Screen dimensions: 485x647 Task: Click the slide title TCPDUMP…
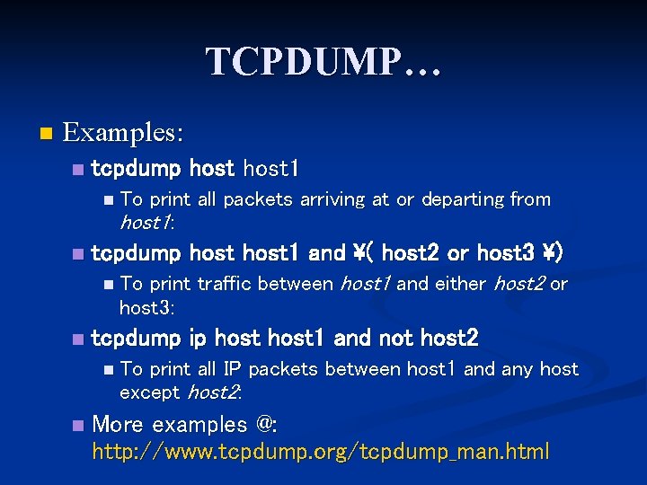tap(323, 62)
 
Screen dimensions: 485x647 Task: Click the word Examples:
tap(123, 133)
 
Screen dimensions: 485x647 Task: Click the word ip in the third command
tap(198, 339)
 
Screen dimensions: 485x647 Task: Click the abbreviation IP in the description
tap(232, 369)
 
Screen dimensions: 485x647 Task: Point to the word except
tap(149, 392)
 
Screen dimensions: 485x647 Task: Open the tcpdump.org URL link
tap(320, 452)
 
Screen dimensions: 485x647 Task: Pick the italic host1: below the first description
tap(146, 222)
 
